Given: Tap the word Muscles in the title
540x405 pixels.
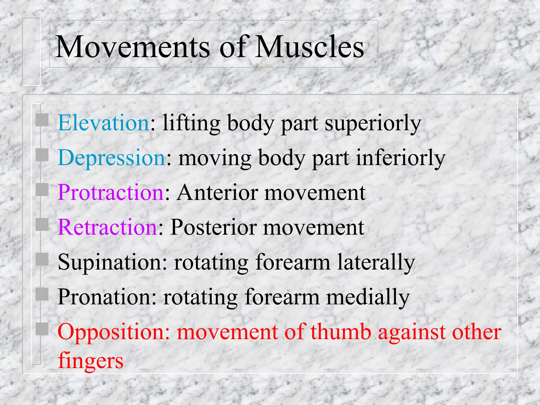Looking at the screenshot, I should pyautogui.click(x=310, y=47).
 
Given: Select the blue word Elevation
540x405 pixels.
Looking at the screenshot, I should pyautogui.click(x=104, y=123).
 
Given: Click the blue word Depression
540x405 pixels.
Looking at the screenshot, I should pyautogui.click(x=112, y=158).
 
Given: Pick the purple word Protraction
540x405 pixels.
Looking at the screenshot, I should pyautogui.click(x=111, y=192).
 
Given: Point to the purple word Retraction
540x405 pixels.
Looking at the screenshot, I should pyautogui.click(x=107, y=227).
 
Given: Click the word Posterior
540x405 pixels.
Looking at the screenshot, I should pyautogui.click(x=213, y=227).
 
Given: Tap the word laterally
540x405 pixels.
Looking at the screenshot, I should pyautogui.click(x=376, y=263).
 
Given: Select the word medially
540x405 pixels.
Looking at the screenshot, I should pyautogui.click(x=368, y=297).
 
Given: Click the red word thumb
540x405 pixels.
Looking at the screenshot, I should pyautogui.click(x=341, y=332).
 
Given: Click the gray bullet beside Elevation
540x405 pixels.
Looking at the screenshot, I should pyautogui.click(x=42, y=120).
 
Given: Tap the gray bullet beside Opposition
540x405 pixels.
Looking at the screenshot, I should pyautogui.click(x=42, y=329).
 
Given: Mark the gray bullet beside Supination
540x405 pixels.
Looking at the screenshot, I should pyautogui.click(x=42, y=259).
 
